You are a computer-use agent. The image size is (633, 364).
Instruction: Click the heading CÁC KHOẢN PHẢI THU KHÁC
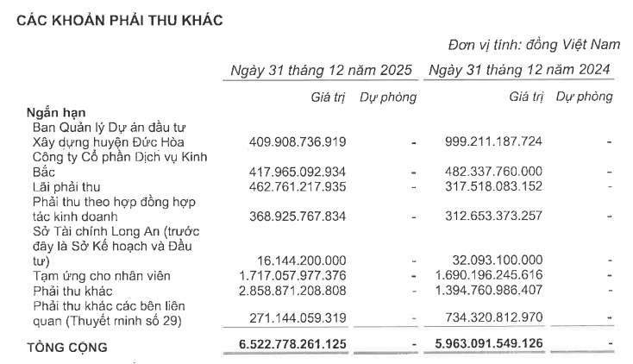(120, 21)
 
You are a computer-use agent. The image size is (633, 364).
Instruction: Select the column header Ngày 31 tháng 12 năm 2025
(321, 69)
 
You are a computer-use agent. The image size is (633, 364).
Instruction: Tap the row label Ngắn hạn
(56, 112)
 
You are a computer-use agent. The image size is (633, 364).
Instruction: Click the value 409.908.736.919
(298, 141)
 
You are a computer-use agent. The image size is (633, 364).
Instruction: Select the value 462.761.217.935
(298, 185)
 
